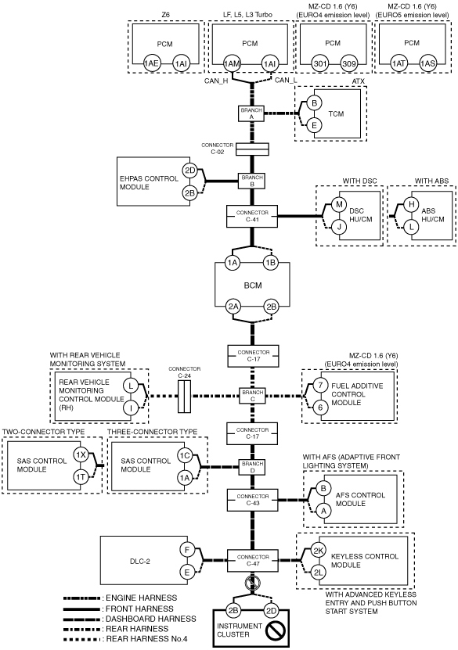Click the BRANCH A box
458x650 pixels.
[x=251, y=113]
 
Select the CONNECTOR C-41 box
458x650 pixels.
[x=252, y=216]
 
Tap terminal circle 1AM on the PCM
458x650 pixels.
[x=232, y=63]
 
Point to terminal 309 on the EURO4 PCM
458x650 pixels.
[x=349, y=63]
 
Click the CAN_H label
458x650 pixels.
[x=216, y=81]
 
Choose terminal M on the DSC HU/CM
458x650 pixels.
[x=339, y=204]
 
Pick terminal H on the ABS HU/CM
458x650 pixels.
[x=411, y=204]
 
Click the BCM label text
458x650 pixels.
[x=253, y=285]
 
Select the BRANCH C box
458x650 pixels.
[x=253, y=396]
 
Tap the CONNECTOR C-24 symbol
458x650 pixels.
[x=184, y=397]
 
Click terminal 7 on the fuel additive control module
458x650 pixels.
[x=320, y=385]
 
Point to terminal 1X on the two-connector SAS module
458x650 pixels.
[x=81, y=454]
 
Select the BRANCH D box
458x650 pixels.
[x=252, y=467]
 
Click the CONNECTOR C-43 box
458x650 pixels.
[x=253, y=500]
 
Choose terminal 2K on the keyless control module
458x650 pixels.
[x=319, y=551]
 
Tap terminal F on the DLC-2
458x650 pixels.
[x=187, y=550]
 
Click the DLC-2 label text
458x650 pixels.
[x=140, y=562]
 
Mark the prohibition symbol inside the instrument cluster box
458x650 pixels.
[x=275, y=630]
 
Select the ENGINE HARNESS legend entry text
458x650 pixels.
[x=142, y=598]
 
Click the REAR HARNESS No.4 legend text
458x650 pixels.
[x=150, y=639]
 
